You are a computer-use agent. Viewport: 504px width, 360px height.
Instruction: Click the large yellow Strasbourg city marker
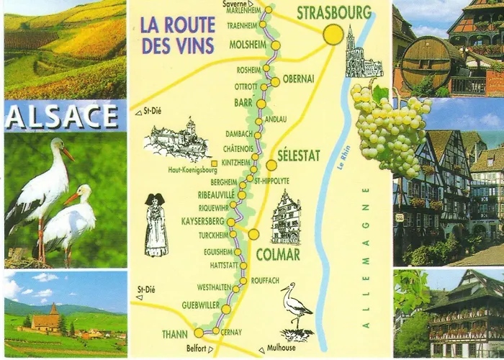(x=333, y=35)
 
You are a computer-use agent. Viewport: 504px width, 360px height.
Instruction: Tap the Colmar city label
(x=277, y=254)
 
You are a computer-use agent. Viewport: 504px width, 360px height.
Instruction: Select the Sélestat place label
(x=298, y=156)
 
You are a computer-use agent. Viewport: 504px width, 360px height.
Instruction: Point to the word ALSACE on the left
(x=63, y=116)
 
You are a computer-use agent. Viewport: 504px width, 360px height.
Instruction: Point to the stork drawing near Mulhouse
(x=295, y=310)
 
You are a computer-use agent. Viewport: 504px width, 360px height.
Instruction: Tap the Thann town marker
(x=199, y=333)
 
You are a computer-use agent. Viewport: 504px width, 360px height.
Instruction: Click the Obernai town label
(x=298, y=78)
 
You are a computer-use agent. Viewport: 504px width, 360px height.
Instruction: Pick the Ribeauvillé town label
(x=217, y=194)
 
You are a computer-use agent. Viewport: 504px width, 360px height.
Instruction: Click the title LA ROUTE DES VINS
(x=178, y=35)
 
